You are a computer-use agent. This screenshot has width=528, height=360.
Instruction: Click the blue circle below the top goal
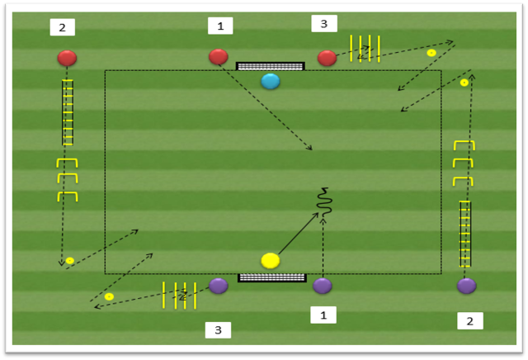(271, 81)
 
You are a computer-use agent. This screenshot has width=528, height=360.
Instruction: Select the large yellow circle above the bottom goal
(271, 261)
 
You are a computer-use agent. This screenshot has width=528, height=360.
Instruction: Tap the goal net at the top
(271, 66)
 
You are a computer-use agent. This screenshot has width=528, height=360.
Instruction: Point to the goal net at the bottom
(272, 277)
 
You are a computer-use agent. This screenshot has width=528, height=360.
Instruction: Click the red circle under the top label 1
(219, 57)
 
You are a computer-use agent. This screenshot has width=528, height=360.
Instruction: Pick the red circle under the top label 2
(67, 58)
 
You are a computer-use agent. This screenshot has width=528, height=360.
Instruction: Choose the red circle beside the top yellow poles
(327, 58)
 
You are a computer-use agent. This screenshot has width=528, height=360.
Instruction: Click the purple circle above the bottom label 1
(323, 286)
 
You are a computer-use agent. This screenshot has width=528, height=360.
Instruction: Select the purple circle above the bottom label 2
(467, 286)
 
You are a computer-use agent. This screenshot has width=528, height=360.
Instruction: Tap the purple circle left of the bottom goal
(219, 286)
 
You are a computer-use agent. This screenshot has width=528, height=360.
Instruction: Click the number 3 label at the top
(324, 24)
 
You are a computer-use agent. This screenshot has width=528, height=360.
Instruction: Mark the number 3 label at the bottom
(218, 330)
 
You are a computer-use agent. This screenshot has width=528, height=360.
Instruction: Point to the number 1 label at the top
(220, 26)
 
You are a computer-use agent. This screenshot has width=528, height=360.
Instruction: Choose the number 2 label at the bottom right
(470, 321)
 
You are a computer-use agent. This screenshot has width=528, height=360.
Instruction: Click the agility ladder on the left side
(68, 112)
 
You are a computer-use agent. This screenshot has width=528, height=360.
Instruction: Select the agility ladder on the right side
(465, 234)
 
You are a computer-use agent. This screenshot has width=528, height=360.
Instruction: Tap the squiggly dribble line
(324, 202)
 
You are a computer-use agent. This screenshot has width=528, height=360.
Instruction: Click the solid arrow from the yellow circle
(299, 234)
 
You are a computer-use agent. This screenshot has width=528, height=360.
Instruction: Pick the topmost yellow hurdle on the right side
(464, 145)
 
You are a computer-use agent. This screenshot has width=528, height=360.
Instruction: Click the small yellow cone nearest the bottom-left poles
(109, 296)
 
